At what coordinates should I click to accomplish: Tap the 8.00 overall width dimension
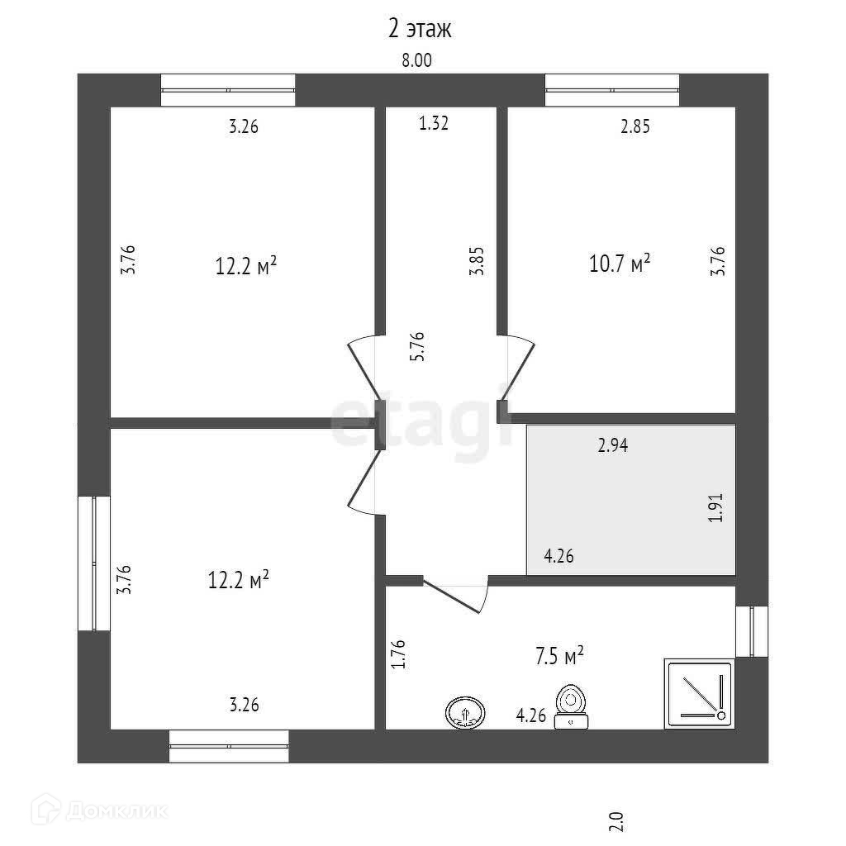click(x=416, y=60)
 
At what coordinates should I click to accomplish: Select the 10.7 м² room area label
click(x=618, y=264)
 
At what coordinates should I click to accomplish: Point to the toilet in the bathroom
click(x=571, y=707)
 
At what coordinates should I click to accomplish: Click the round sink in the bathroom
click(x=466, y=711)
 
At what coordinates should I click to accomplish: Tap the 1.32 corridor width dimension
click(x=434, y=125)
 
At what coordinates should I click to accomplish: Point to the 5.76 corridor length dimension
click(x=418, y=346)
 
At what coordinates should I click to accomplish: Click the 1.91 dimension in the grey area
click(x=715, y=506)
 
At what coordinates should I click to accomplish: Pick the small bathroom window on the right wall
click(x=752, y=631)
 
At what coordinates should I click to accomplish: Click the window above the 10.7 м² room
click(x=611, y=90)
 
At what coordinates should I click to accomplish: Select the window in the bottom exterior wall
click(x=229, y=746)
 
